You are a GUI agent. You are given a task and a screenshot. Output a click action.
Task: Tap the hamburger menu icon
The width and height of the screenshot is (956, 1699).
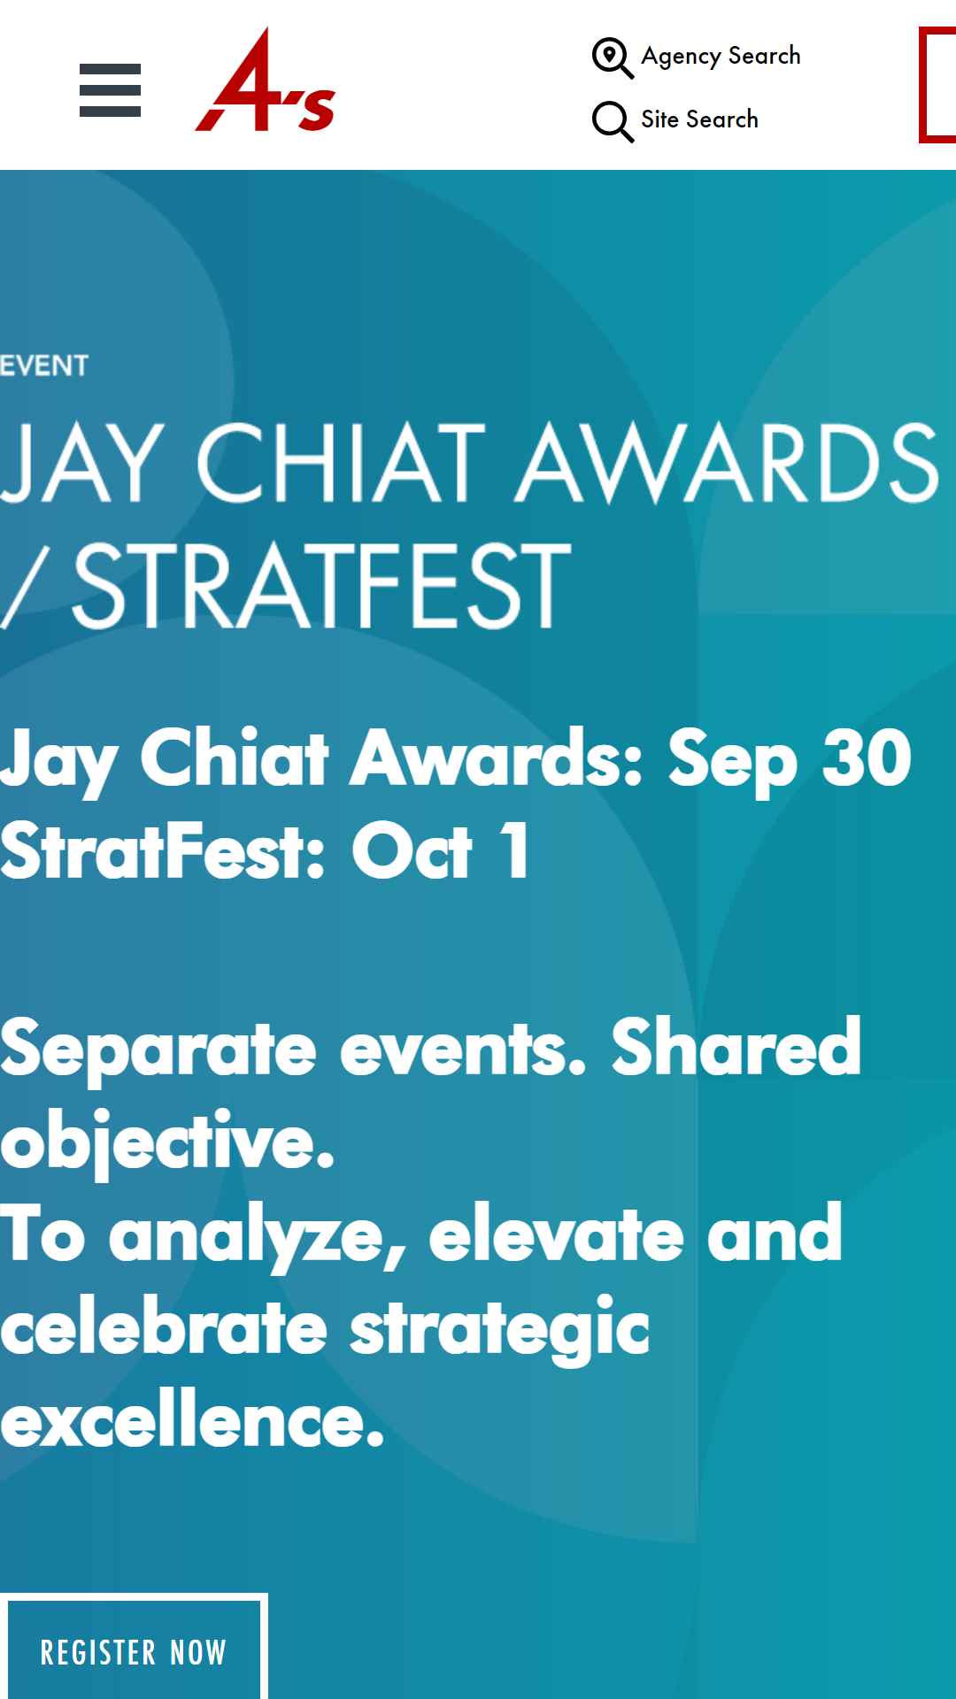(x=110, y=90)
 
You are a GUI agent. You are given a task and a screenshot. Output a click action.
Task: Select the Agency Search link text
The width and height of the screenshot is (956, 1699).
(x=721, y=57)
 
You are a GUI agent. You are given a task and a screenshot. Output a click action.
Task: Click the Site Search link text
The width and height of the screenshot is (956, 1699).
(x=699, y=119)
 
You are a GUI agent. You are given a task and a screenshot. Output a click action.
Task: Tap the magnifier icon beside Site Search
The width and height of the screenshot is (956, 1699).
(x=613, y=121)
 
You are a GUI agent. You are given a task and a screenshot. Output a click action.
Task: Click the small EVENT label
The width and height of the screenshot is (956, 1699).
(x=44, y=365)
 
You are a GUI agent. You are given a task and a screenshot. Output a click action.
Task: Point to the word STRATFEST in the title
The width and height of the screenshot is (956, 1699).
(x=320, y=584)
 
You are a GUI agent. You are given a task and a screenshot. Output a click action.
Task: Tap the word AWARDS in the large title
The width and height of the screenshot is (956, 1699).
(x=727, y=461)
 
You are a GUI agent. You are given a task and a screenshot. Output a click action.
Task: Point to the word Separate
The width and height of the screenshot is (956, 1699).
(x=158, y=1049)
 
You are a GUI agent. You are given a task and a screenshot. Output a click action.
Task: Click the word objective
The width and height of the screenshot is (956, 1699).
(x=167, y=1142)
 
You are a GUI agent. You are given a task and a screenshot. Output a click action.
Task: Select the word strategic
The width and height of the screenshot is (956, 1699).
(x=500, y=1329)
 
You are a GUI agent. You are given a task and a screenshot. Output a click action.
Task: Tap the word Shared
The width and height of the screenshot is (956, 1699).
(x=736, y=1047)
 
